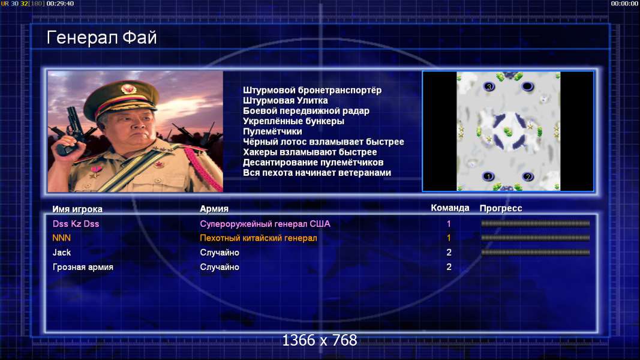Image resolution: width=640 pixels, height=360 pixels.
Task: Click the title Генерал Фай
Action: pos(101,38)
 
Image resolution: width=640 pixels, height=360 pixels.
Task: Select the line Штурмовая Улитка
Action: pos(286,100)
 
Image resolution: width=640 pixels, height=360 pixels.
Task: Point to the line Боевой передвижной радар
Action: pos(306,110)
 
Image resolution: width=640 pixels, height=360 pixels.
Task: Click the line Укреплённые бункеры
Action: pos(293,121)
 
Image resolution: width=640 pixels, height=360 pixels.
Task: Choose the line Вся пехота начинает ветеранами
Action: pos(317,173)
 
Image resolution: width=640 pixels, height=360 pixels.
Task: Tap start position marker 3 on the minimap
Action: pos(489,86)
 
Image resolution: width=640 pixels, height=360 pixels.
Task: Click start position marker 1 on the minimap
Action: pos(488,177)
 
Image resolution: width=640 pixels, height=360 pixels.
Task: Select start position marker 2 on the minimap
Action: pos(527,177)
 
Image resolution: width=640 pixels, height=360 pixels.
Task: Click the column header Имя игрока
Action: pos(77,209)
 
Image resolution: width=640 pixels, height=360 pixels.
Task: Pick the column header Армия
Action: pos(214,209)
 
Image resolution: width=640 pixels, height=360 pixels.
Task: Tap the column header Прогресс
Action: pos(501,208)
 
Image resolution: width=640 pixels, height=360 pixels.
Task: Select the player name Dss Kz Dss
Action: pos(76,224)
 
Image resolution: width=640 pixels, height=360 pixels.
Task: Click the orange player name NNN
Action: pos(62,238)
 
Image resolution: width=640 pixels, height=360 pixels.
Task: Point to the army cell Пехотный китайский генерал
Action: pos(259,238)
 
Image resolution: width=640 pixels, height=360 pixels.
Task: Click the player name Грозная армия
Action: pos(83,267)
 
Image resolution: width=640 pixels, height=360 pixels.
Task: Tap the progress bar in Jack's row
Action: pos(536,252)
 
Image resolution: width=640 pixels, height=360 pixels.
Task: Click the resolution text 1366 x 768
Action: pos(320,340)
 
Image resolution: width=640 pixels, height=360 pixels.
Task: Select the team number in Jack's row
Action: pos(449,253)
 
